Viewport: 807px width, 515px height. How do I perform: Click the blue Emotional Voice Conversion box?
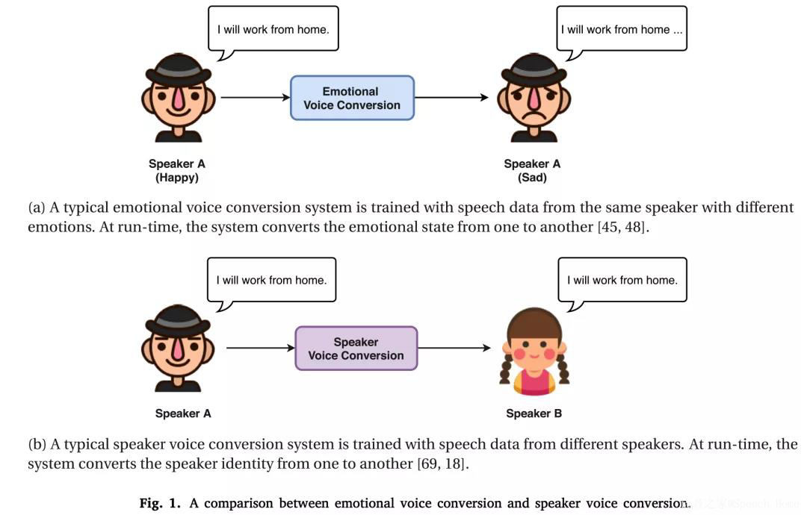(351, 98)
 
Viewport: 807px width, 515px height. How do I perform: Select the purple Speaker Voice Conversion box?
(356, 349)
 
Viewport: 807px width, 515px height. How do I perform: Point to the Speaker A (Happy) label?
(177, 171)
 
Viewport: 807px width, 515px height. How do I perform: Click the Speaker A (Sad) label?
(532, 171)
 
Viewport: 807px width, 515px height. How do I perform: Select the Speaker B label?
(534, 413)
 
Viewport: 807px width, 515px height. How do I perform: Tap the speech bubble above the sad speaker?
(622, 30)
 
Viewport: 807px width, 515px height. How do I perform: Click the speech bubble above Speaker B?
(622, 281)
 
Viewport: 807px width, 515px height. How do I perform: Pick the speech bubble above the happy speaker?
(273, 30)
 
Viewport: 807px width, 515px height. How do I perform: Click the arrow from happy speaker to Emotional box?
(255, 98)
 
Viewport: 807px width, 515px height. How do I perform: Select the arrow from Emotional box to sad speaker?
(451, 98)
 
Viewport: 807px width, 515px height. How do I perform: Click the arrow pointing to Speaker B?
(454, 348)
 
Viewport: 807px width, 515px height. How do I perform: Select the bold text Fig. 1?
(160, 503)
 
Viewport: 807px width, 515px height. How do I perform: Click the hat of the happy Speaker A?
(178, 68)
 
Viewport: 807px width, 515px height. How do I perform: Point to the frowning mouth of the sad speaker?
(534, 120)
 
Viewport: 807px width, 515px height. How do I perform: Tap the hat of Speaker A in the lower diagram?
(178, 319)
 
